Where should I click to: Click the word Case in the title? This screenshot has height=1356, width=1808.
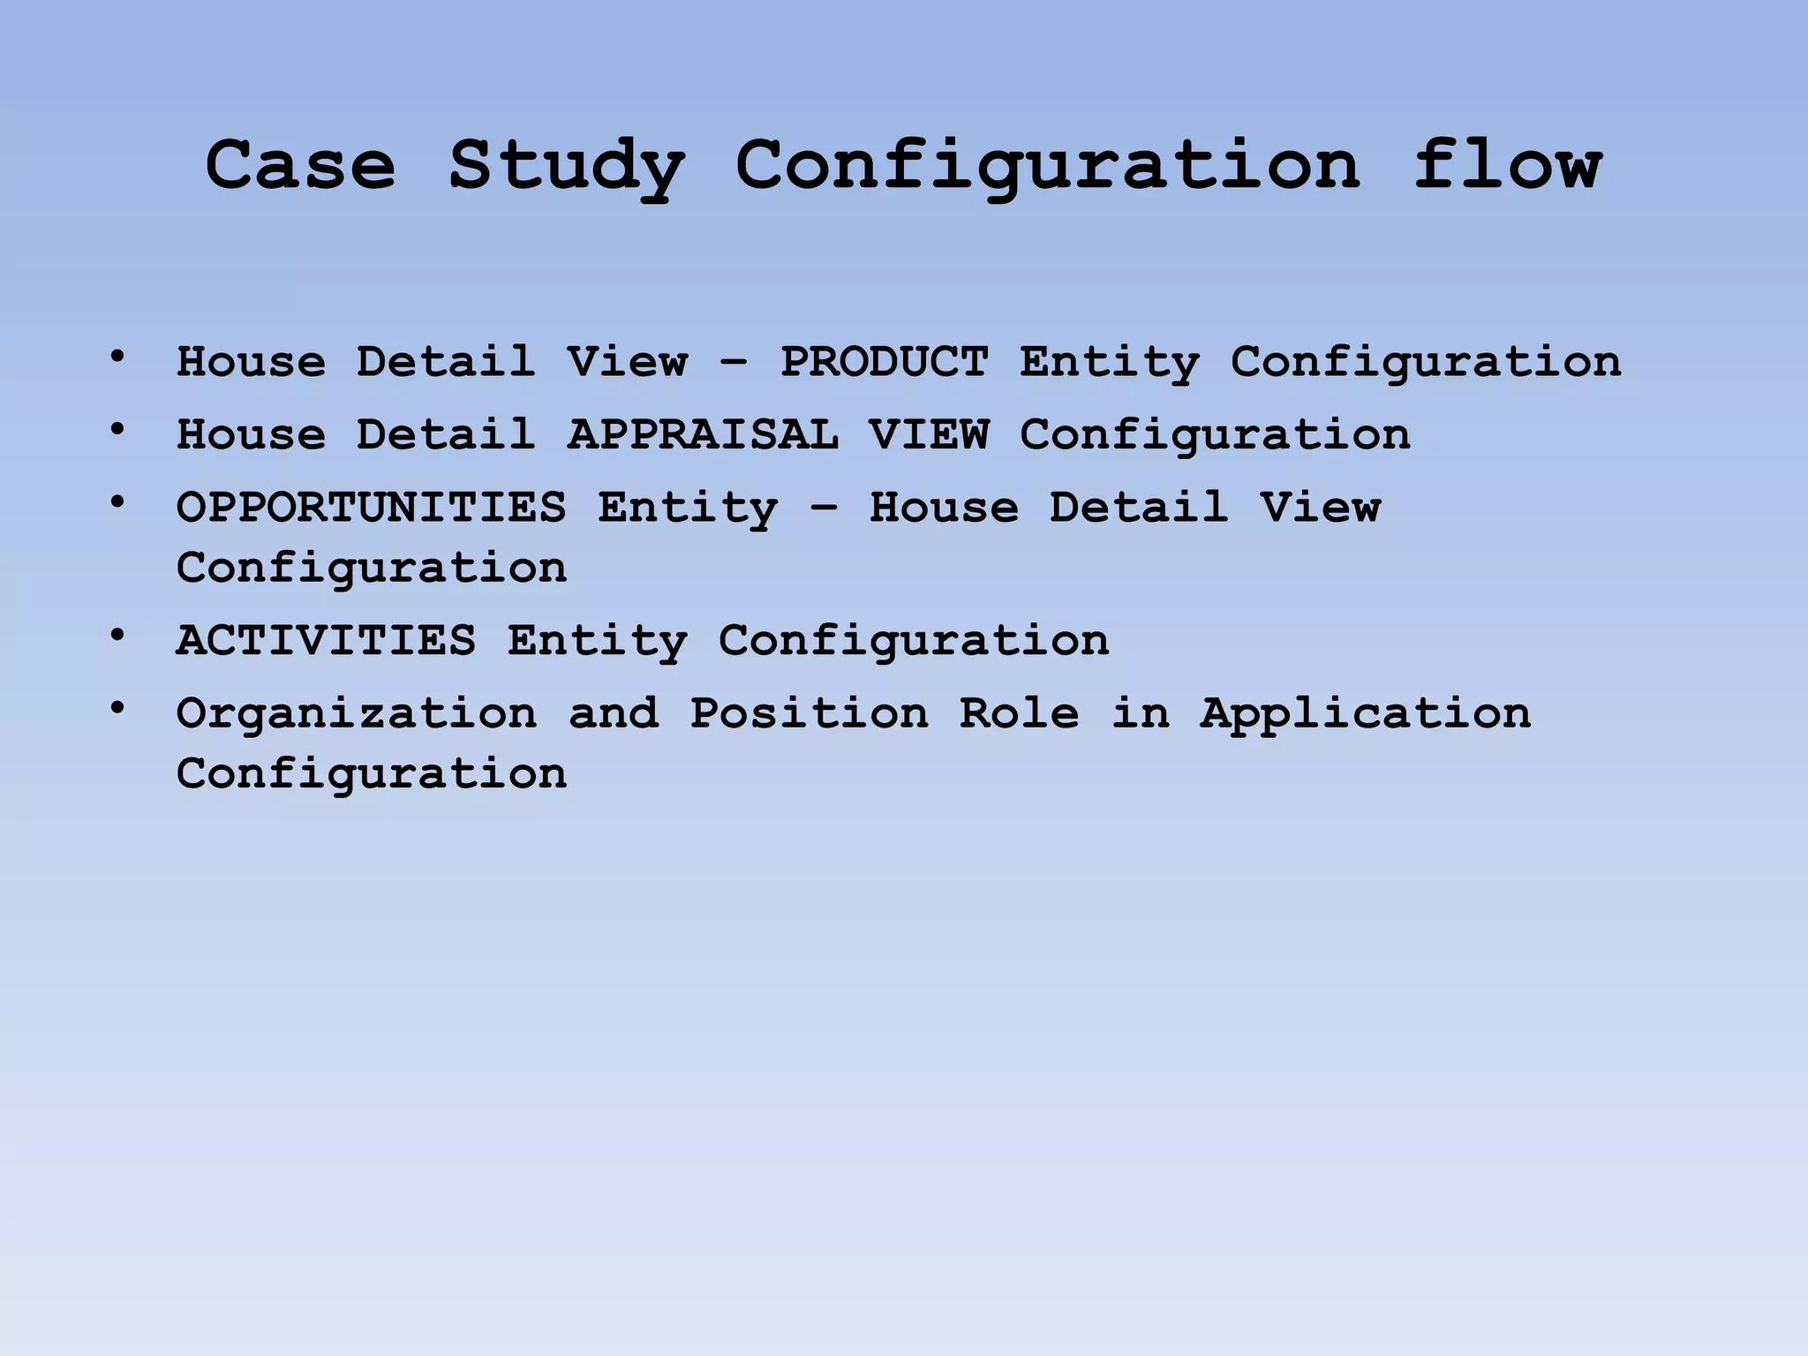[300, 165]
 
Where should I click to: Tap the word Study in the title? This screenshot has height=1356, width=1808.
[567, 167]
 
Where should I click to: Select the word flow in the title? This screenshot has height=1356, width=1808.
[1508, 165]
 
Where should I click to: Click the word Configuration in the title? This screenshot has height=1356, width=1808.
[1048, 167]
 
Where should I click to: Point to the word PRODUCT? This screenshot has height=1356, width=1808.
[884, 362]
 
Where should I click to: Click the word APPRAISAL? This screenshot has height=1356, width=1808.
[703, 434]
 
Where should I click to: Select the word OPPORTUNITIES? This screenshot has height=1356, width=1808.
[371, 508]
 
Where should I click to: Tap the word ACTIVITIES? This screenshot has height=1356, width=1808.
[326, 640]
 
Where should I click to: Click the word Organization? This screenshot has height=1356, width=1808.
[357, 713]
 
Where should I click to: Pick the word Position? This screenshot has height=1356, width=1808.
[809, 713]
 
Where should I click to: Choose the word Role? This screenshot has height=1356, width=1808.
[1019, 713]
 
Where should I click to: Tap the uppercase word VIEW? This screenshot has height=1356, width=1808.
[929, 434]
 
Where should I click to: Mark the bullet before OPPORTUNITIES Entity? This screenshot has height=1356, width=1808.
[117, 502]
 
